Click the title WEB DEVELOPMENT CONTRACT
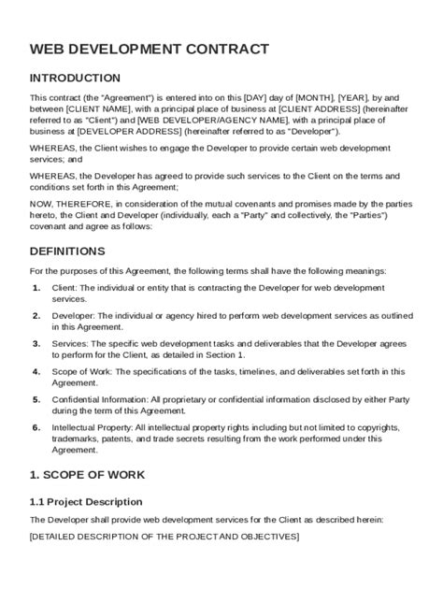click(150, 49)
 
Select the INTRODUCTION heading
click(75, 79)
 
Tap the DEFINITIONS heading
click(67, 251)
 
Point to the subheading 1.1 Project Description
click(86, 502)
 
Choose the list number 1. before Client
click(36, 288)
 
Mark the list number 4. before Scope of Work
click(36, 371)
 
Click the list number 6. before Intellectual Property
click(36, 427)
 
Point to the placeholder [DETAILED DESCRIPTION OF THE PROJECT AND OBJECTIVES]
click(164, 536)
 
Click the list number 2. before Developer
click(36, 316)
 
